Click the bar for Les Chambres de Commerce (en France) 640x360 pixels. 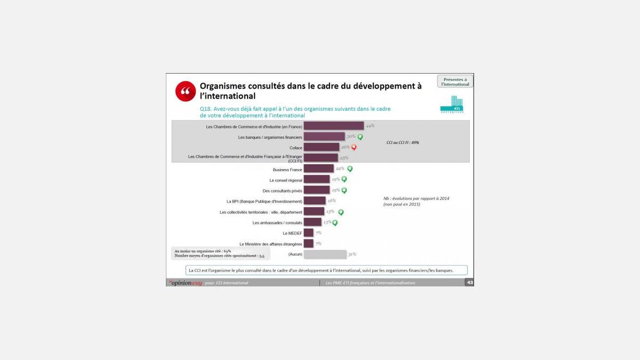(x=333, y=126)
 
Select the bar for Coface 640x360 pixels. (x=321, y=147)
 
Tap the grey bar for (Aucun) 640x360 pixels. (x=325, y=254)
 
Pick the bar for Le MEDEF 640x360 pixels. (x=308, y=233)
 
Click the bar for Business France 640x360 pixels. (x=318, y=169)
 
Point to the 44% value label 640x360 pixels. (x=370, y=126)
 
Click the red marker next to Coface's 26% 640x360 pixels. (x=354, y=148)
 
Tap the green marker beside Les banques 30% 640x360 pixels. (x=360, y=137)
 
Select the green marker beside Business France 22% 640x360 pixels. (x=350, y=169)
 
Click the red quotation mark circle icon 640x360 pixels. (x=186, y=91)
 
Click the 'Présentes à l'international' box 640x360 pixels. (x=455, y=82)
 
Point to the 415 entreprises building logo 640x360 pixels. (x=452, y=105)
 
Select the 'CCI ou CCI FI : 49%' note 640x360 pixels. (x=403, y=143)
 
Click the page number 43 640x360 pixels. (x=469, y=283)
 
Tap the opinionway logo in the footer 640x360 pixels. (x=185, y=283)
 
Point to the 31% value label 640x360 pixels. (x=352, y=254)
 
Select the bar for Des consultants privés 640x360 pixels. (x=317, y=190)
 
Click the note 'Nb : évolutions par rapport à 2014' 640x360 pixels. (x=416, y=198)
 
